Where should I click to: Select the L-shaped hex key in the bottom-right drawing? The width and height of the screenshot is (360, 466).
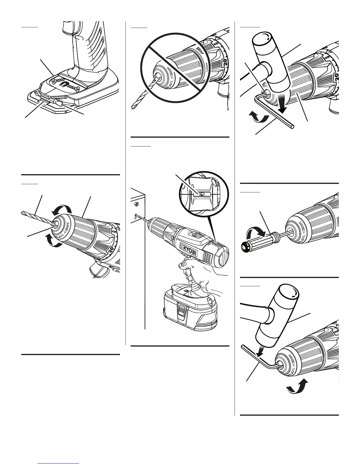coord(259,360)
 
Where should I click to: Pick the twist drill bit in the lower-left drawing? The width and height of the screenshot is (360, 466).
coord(37,218)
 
